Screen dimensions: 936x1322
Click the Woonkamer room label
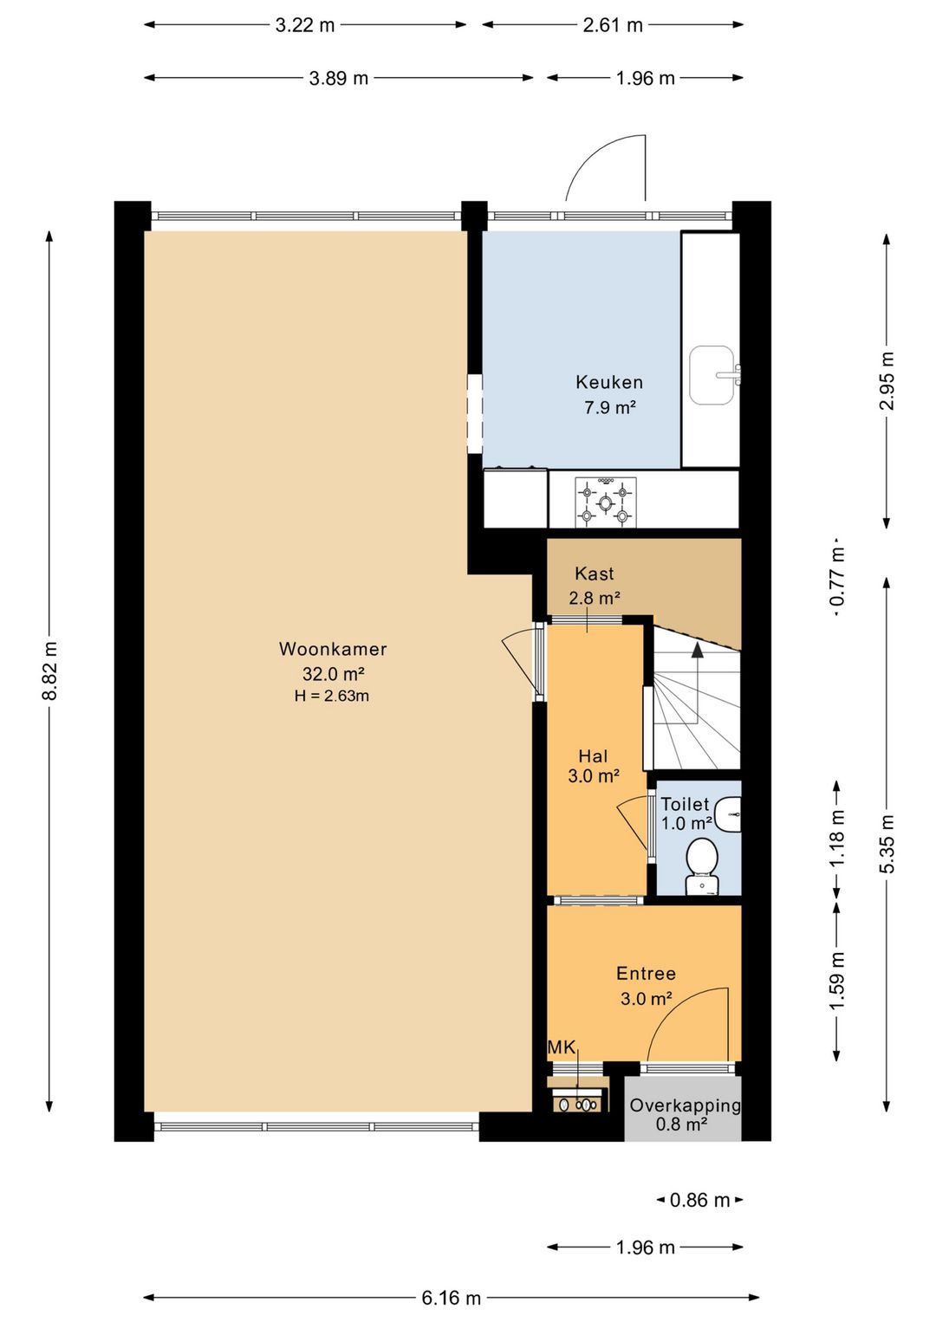(x=333, y=649)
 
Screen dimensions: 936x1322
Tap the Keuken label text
(x=609, y=382)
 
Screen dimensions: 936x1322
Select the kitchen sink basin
(x=712, y=375)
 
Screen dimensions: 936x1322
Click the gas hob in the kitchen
(x=606, y=502)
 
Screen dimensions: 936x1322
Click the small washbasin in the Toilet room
(x=730, y=814)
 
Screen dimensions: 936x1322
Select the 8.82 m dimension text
(x=49, y=671)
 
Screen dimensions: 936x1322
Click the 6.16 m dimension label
(x=452, y=1298)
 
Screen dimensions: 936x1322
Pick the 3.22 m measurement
(x=305, y=25)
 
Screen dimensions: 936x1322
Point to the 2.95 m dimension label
(x=887, y=380)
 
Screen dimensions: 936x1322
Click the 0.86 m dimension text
(x=699, y=1200)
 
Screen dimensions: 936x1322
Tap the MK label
(x=562, y=1047)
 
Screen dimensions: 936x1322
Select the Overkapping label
(x=685, y=1105)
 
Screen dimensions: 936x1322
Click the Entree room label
(x=646, y=973)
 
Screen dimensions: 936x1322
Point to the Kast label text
(x=594, y=573)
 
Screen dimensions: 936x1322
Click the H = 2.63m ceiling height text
(x=332, y=696)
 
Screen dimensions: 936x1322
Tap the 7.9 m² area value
(x=610, y=407)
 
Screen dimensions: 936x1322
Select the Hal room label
(x=594, y=756)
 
